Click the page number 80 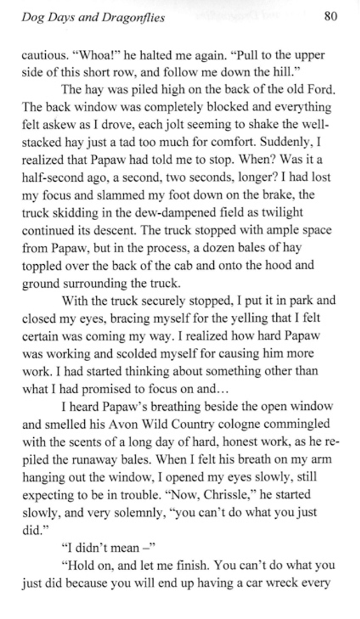330,16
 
